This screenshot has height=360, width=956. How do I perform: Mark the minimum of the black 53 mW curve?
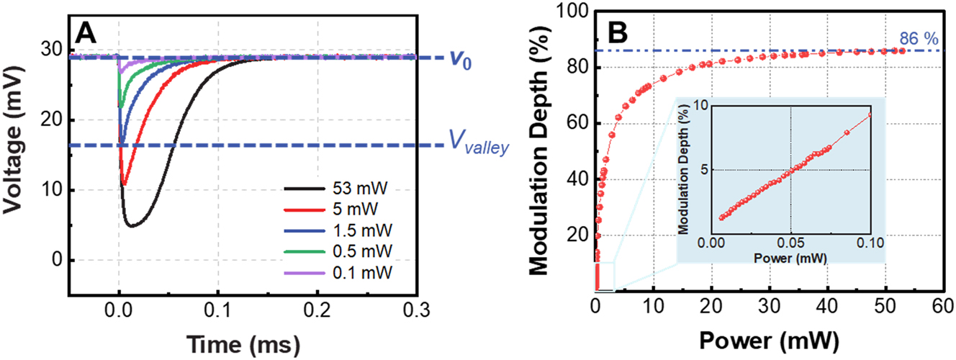pyautogui.click(x=131, y=226)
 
